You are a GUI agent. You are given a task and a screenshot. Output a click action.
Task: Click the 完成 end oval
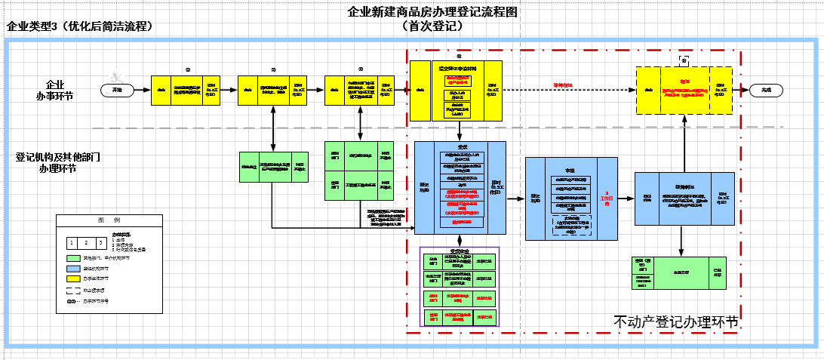(x=767, y=90)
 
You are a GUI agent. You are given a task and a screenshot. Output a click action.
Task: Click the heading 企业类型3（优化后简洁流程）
(x=80, y=26)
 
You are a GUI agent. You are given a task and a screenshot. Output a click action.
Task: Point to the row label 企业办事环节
(x=55, y=90)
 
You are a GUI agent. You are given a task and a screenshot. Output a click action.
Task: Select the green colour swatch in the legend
(x=74, y=257)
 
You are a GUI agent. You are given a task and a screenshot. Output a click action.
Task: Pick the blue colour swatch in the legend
(x=74, y=268)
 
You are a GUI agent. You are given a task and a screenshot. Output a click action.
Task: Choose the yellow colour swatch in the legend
(x=74, y=278)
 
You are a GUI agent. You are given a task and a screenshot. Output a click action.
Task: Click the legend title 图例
(x=109, y=220)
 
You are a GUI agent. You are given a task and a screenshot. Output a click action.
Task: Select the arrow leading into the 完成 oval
(x=742, y=90)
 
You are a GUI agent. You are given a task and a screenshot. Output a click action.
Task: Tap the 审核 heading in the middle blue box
(x=570, y=172)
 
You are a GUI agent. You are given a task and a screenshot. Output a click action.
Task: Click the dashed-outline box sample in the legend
(x=74, y=290)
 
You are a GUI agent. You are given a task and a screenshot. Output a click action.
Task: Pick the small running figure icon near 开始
(x=115, y=76)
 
